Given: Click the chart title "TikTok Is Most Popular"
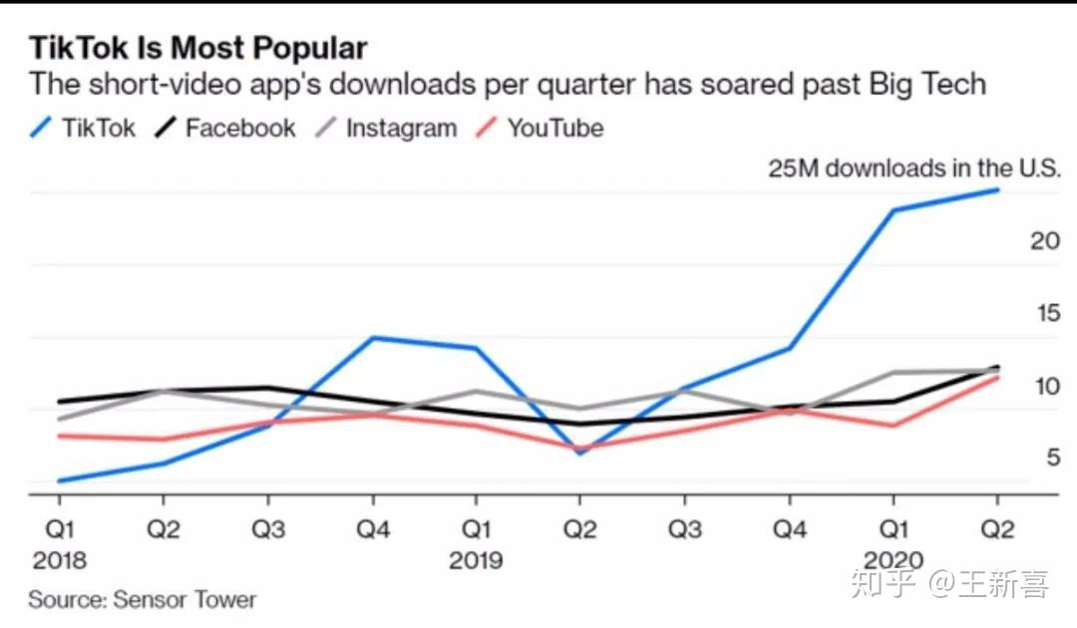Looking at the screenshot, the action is [197, 48].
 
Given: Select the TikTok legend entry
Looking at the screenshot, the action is [83, 128].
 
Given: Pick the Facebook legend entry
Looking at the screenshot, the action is [224, 128].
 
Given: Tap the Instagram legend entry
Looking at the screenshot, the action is [386, 128].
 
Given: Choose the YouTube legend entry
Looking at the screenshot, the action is [539, 128].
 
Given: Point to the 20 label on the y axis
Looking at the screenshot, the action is [1045, 241].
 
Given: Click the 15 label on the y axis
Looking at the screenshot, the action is [1048, 313].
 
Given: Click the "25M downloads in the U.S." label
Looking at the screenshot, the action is [914, 168].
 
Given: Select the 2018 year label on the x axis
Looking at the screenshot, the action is [60, 560].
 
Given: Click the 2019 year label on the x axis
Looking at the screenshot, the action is [476, 560].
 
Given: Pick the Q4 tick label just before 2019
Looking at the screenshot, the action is [373, 529].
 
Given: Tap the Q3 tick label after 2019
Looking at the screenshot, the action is [685, 529].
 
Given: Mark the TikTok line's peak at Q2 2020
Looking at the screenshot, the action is [997, 190].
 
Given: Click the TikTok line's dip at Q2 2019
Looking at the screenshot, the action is [580, 453].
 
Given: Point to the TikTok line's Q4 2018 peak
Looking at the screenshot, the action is [373, 338].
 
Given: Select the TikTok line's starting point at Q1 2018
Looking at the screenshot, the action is [60, 480].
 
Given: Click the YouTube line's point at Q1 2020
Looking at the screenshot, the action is [894, 426].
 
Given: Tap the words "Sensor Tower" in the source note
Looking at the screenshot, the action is [184, 600].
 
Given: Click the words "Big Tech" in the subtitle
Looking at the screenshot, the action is [927, 85].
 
